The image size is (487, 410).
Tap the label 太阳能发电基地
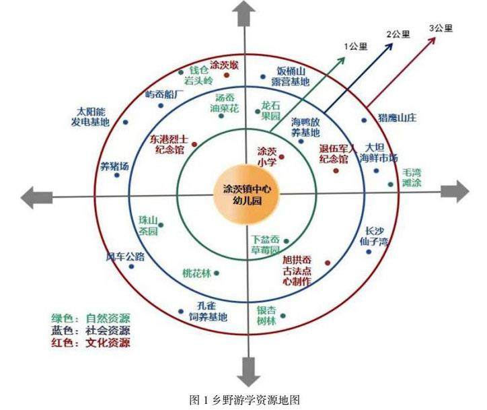click(x=90, y=116)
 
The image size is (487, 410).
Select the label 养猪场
click(x=114, y=166)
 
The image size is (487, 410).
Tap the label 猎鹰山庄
click(x=398, y=117)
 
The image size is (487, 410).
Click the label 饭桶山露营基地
click(x=293, y=76)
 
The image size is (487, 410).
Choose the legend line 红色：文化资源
click(x=90, y=343)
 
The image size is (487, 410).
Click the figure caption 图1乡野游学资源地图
click(x=243, y=400)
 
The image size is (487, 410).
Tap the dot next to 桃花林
click(x=216, y=273)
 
